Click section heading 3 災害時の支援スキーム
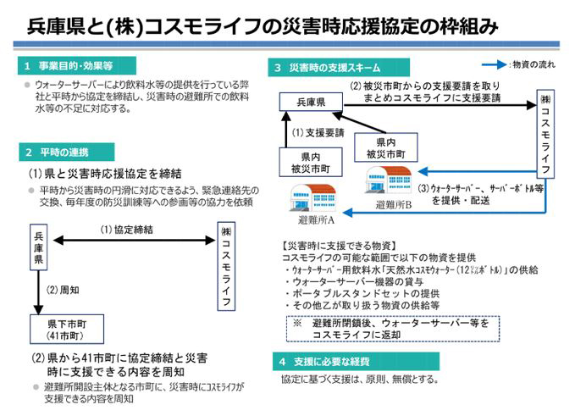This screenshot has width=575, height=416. [339, 67]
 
